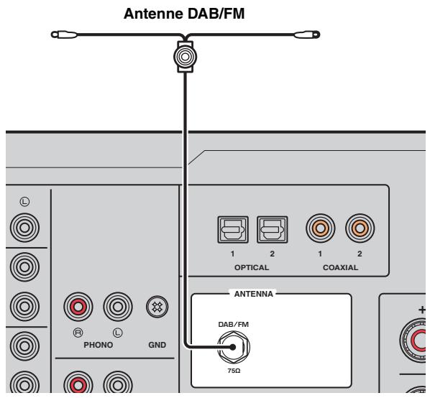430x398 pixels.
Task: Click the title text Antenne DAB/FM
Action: [x=184, y=14]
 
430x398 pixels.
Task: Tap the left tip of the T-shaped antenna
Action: [x=52, y=34]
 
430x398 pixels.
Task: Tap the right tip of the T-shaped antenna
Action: [x=319, y=34]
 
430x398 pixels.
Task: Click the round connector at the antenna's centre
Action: [x=185, y=57]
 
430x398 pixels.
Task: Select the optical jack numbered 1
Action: [x=233, y=230]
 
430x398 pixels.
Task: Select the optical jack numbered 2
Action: [x=273, y=230]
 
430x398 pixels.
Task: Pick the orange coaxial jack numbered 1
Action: [x=320, y=228]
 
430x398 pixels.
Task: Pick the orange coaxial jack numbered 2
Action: [x=360, y=228]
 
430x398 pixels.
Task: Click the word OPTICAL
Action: [x=252, y=267]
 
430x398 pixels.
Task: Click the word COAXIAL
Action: [x=340, y=267]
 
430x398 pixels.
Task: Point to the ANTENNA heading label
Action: [x=254, y=294]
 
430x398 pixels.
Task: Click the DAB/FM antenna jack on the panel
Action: [x=234, y=347]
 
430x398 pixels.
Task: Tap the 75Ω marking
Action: [x=234, y=371]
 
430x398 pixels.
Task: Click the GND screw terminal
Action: [x=157, y=307]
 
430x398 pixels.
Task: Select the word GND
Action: [x=157, y=345]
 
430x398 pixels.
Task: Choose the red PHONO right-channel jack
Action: [x=78, y=307]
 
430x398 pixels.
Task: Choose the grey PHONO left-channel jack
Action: [x=118, y=307]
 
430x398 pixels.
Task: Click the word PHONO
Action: [x=99, y=345]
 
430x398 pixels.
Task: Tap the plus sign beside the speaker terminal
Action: [x=422, y=310]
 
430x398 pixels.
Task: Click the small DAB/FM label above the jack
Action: [x=234, y=324]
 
